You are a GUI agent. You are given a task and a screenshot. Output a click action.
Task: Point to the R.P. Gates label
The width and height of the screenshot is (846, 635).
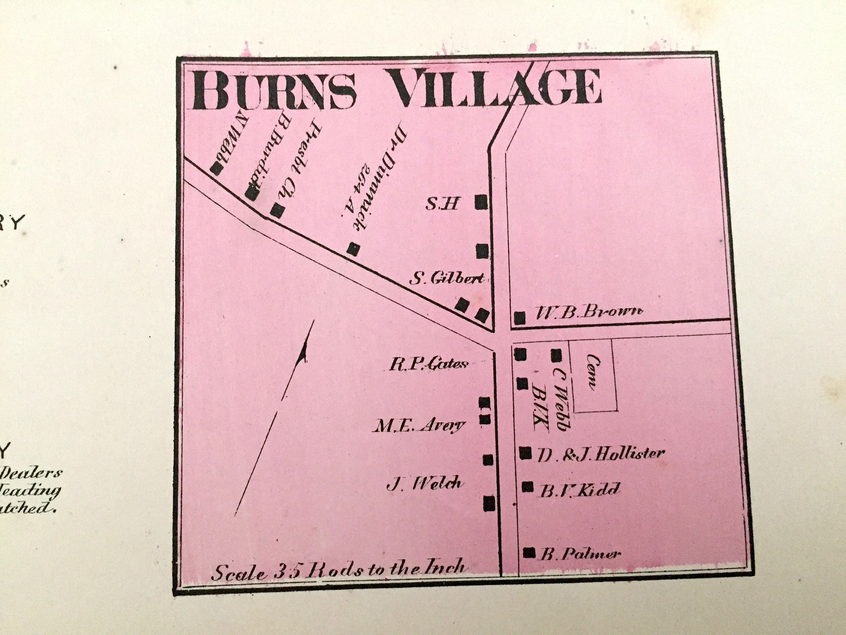click(x=428, y=363)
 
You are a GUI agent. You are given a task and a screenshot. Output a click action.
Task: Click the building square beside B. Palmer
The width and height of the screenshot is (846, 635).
click(x=529, y=552)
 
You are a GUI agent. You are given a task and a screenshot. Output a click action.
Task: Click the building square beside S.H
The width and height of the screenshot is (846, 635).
click(x=481, y=202)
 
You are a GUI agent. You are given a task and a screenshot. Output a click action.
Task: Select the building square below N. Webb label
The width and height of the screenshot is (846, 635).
click(x=217, y=169)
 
